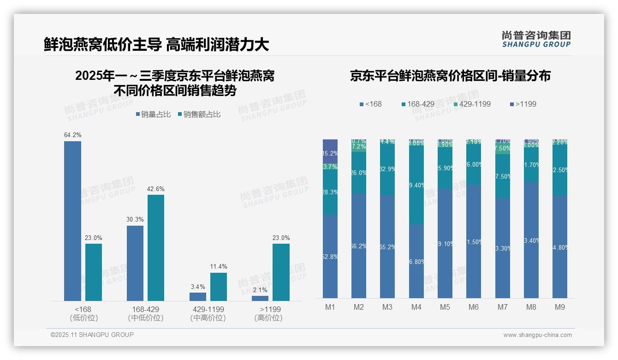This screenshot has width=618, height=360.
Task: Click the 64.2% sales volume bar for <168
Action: pyautogui.click(x=72, y=221)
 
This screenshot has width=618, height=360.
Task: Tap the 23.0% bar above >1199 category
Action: pyautogui.click(x=281, y=272)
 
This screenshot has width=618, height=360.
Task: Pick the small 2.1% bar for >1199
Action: pyautogui.click(x=260, y=299)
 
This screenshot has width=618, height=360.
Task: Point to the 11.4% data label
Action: pyautogui.click(x=219, y=267)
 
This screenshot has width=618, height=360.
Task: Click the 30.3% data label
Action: pyautogui.click(x=135, y=219)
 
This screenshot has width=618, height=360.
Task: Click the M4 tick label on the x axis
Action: pyautogui.click(x=416, y=307)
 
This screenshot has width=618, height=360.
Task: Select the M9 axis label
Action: pyautogui.click(x=559, y=307)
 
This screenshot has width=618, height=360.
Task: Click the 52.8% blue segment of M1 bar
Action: pyautogui.click(x=330, y=256)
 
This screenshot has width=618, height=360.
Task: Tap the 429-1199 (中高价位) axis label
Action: pyautogui.click(x=208, y=313)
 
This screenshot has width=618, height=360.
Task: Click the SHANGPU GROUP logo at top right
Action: pyautogui.click(x=536, y=39)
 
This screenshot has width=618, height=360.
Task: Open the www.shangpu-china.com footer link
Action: pyautogui.click(x=537, y=335)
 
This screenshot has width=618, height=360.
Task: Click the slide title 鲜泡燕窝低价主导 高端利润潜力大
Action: pyautogui.click(x=156, y=45)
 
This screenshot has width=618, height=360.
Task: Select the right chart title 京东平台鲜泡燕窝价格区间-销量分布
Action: pyautogui.click(x=450, y=76)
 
